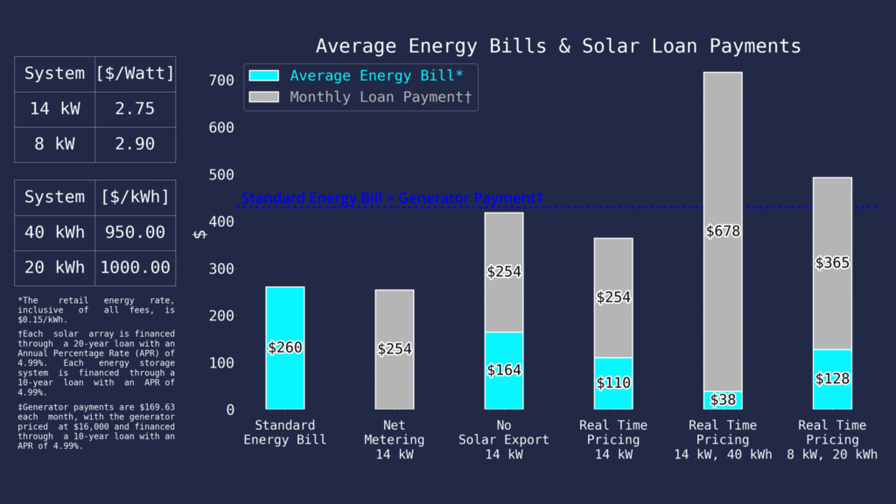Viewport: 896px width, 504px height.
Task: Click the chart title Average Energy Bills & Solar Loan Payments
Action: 558,45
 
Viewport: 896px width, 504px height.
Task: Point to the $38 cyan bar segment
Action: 723,400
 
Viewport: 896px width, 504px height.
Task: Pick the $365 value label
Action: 832,262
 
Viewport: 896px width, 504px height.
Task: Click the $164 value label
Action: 504,370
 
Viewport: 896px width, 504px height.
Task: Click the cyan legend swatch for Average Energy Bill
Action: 264,76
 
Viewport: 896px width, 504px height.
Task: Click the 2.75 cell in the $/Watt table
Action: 135,109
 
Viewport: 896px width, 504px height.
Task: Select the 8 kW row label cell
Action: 54,144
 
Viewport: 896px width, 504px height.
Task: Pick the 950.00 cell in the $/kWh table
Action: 135,233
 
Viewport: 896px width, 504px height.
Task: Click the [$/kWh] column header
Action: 135,197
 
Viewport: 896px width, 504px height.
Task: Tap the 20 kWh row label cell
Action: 54,268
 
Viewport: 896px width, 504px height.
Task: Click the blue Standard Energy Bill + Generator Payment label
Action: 392,199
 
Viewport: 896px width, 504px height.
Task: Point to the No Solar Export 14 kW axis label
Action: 504,439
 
